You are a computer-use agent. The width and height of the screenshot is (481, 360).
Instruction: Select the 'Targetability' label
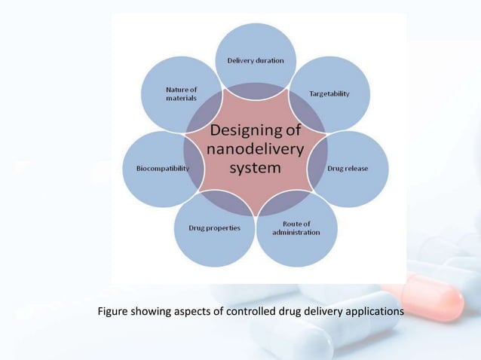tap(329, 93)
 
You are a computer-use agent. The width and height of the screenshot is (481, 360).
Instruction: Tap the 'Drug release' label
tap(348, 169)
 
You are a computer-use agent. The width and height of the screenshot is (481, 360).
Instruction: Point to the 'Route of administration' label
tap(296, 228)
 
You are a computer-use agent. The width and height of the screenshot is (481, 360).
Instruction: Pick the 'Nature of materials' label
tap(181, 93)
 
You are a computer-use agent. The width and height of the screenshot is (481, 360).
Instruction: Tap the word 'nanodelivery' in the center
tap(256, 151)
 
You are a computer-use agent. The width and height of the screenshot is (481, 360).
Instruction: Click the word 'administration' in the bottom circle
tap(296, 233)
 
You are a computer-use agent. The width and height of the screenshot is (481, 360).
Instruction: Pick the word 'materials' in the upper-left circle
tap(181, 98)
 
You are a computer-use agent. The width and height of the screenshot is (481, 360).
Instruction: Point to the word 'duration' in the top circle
tap(270, 60)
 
